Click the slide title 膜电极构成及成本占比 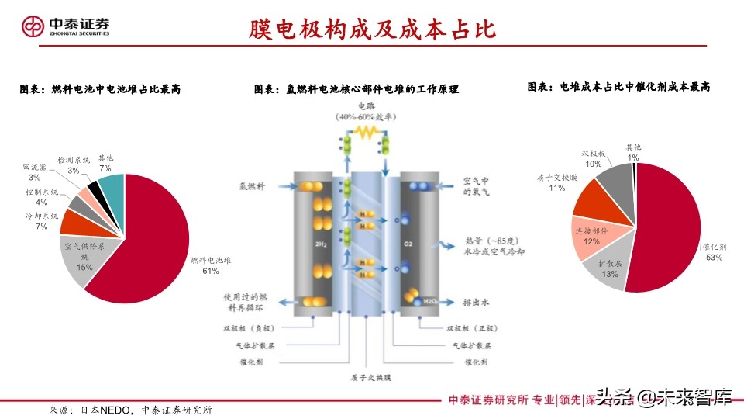click(x=371, y=29)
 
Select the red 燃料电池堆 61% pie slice click(x=147, y=233)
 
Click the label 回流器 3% click(x=36, y=171)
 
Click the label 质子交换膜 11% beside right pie click(x=556, y=182)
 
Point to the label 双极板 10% click(x=594, y=159)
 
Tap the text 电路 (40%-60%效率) click(x=366, y=111)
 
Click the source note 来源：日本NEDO click(x=131, y=409)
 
